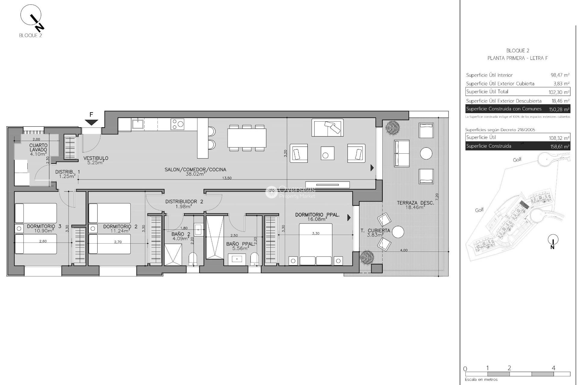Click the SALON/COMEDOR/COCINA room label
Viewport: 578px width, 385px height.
(195, 170)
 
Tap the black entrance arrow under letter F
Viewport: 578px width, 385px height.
(91, 122)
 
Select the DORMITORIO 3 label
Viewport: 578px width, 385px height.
(44, 226)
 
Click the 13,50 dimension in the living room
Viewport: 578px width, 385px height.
(227, 178)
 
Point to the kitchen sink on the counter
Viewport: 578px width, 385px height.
(138, 124)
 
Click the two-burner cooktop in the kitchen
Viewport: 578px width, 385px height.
(177, 124)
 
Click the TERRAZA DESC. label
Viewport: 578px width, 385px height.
(415, 203)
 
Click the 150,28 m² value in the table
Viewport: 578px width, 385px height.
(559, 109)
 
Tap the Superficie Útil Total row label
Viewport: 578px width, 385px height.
(487, 92)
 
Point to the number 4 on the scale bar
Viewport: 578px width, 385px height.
(553, 368)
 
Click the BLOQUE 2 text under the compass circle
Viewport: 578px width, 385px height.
(30, 35)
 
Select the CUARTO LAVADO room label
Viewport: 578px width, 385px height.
(38, 147)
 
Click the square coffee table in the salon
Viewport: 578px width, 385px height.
(327, 153)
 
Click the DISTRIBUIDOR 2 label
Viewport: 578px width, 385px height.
(184, 202)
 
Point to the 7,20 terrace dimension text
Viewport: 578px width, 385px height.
(437, 197)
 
